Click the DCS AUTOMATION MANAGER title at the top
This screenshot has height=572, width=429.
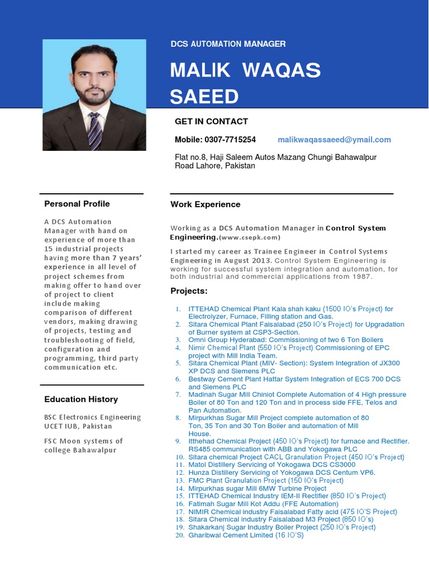pos(228,44)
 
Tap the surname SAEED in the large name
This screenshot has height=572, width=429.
pos(204,97)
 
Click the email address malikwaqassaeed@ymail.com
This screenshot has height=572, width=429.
pos(334,140)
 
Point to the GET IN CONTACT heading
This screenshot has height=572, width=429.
pos(211,121)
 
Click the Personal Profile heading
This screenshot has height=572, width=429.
pos(77,204)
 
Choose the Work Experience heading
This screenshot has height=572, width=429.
pos(205,204)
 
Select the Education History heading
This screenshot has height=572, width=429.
pos(81,399)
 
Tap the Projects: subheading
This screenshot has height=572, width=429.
pos(189,291)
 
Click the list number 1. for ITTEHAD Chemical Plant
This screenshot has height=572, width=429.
pos(178,309)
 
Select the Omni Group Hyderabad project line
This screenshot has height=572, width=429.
pos(285,340)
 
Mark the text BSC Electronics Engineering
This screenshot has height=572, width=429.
pos(92,417)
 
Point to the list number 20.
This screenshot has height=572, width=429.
pos(179,535)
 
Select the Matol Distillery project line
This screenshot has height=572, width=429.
pos(271,465)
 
